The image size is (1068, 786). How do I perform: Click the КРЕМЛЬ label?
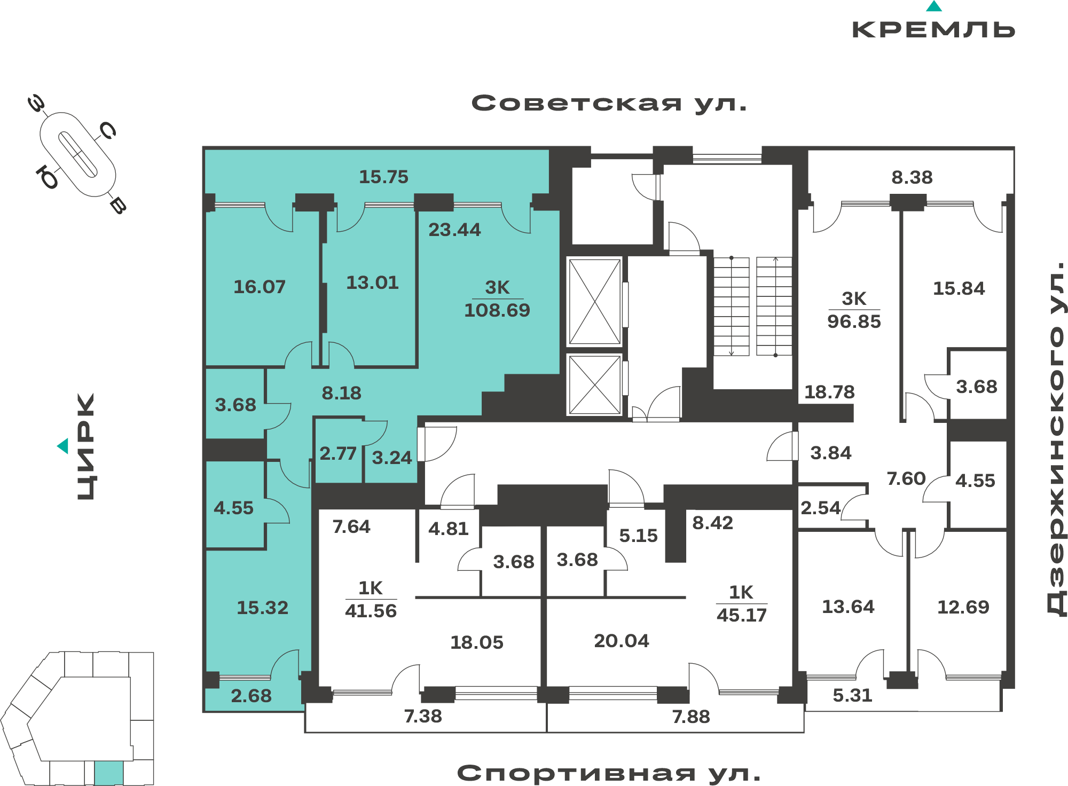[x=933, y=29]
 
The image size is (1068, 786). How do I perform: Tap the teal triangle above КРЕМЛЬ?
[x=934, y=6]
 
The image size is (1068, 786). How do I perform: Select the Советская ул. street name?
[x=609, y=103]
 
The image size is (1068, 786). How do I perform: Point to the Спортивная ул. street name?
[x=609, y=773]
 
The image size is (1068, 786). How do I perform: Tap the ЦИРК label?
[x=86, y=446]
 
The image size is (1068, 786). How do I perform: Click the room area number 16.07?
[x=260, y=287]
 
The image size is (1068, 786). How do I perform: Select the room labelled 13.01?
[x=372, y=282]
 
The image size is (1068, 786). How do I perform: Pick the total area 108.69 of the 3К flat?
[x=497, y=310]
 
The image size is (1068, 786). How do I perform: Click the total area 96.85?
[x=854, y=321]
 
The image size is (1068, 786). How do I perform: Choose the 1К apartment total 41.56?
[x=371, y=611]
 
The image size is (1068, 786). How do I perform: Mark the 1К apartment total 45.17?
[x=742, y=615]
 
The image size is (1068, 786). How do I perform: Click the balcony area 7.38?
[x=423, y=716]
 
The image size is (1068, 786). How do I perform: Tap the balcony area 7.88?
[x=691, y=717]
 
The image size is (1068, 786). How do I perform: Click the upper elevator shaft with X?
[x=594, y=302]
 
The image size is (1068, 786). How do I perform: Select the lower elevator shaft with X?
[x=594, y=384]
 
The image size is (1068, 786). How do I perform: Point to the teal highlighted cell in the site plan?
[x=109, y=773]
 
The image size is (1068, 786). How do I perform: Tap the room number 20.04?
[x=622, y=641]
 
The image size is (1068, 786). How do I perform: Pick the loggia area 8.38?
[x=912, y=177]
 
